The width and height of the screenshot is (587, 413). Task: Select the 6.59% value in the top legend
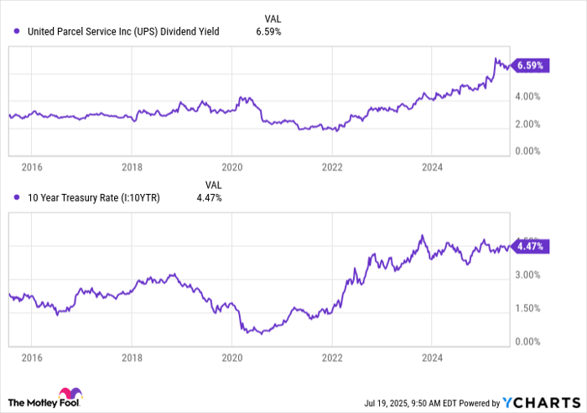(268, 32)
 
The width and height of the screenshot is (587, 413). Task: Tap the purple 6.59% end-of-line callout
(532, 65)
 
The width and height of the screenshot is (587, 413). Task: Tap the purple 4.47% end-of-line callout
(532, 247)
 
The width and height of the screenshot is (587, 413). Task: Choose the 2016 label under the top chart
(32, 167)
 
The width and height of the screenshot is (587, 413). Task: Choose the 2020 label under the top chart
(231, 167)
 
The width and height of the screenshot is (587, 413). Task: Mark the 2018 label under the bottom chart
(132, 357)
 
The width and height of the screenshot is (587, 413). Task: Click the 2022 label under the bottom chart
(331, 357)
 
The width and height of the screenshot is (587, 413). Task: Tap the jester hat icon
(69, 395)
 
